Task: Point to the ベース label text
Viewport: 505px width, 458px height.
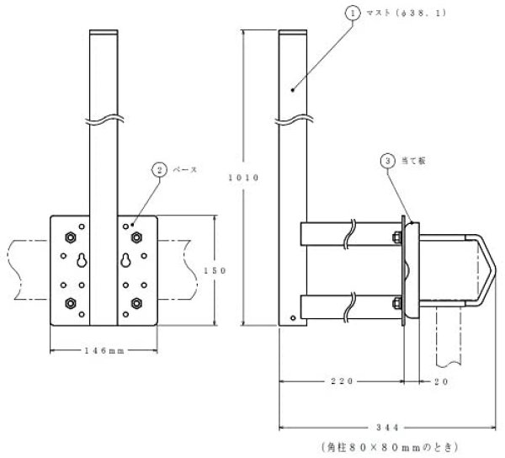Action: click(185, 170)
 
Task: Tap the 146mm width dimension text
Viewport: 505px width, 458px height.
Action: click(104, 351)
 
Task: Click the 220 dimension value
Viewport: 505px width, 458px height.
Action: click(341, 381)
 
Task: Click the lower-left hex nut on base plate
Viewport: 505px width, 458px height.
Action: click(69, 303)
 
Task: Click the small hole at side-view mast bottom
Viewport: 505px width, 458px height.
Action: click(292, 318)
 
